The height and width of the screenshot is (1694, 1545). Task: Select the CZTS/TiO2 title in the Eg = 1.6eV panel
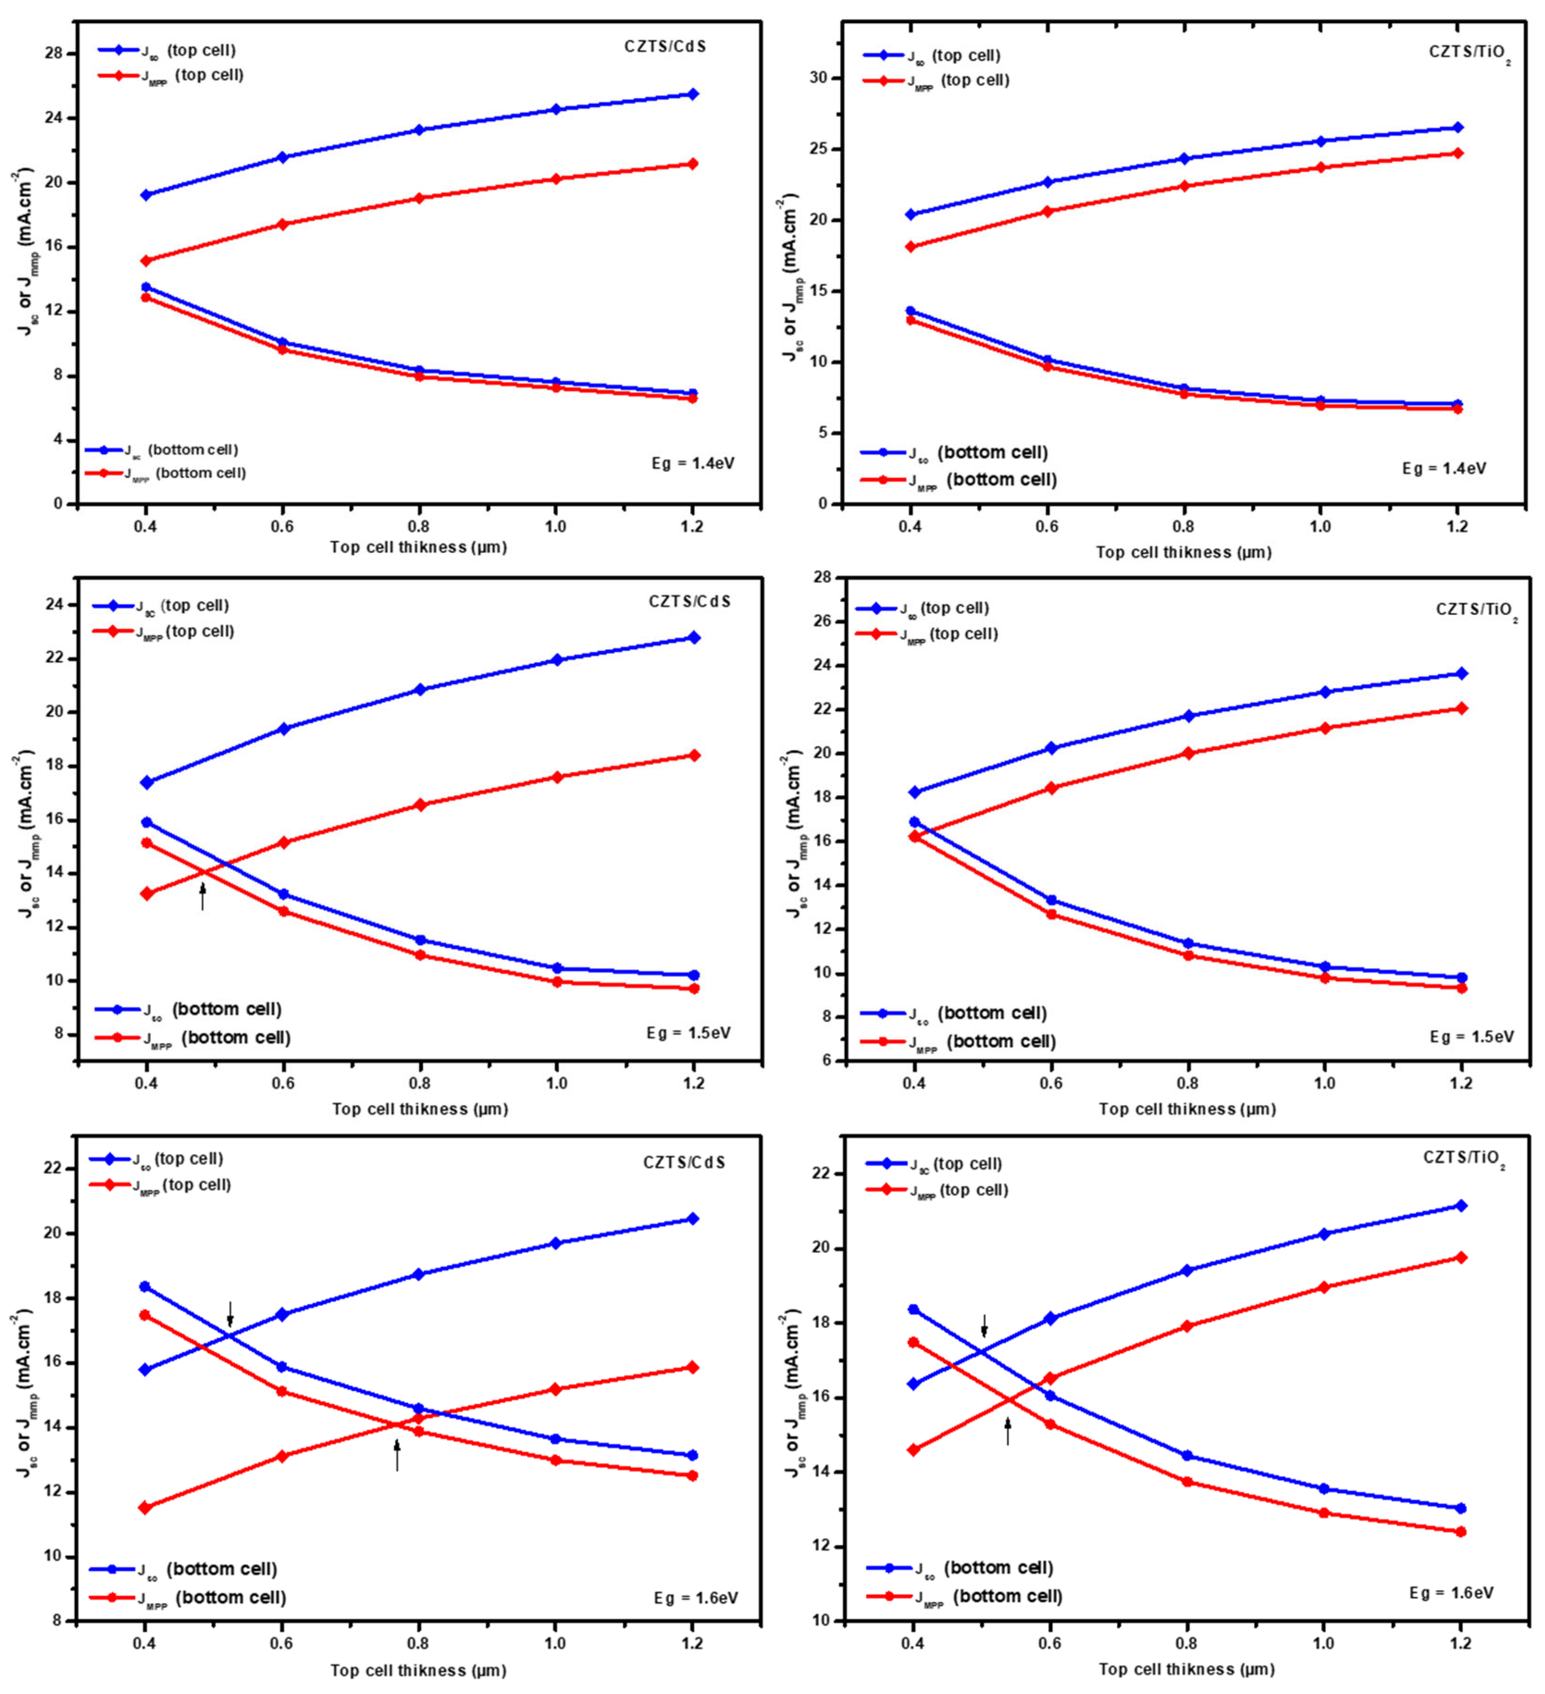pos(1463,1158)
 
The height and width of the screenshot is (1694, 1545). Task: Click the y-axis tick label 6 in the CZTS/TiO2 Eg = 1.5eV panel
pos(827,1061)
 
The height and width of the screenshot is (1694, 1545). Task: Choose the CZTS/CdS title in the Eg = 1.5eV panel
pos(689,602)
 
